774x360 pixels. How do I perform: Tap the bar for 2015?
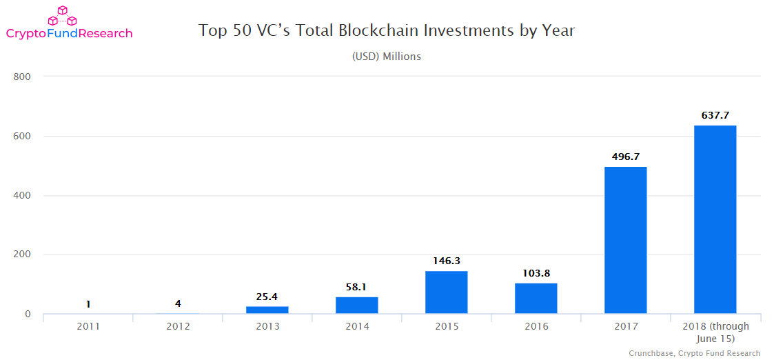click(x=446, y=292)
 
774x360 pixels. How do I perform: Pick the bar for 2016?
click(x=536, y=299)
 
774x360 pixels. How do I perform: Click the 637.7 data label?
click(x=715, y=116)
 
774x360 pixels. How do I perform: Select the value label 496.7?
click(x=625, y=157)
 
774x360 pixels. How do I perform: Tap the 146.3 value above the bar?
click(x=446, y=261)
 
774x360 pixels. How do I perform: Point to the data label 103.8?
click(x=536, y=274)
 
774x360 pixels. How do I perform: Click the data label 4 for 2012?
click(x=177, y=303)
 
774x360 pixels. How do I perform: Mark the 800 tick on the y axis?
click(x=23, y=77)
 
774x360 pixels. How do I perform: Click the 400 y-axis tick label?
click(x=23, y=196)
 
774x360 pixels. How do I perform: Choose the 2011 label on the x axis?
click(x=88, y=326)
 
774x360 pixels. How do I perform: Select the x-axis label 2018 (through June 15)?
click(x=715, y=332)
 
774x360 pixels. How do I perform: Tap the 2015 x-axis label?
click(x=446, y=326)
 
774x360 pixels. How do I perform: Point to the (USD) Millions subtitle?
click(x=386, y=57)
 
